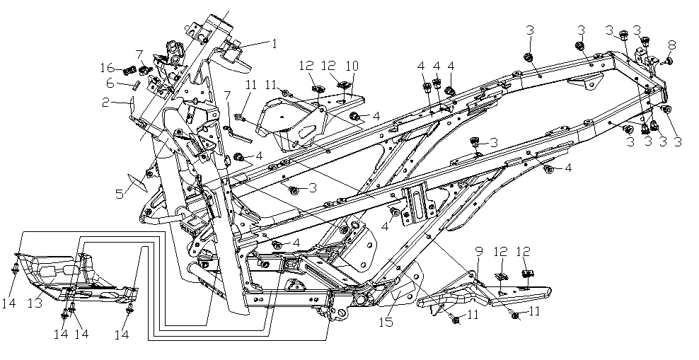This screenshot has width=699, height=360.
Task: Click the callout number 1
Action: [275, 43]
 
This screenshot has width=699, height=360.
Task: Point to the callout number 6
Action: [110, 83]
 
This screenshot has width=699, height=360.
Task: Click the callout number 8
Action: [671, 45]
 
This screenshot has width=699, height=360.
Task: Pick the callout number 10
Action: [352, 66]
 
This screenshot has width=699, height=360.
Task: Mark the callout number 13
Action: [35, 303]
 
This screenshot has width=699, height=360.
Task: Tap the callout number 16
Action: [107, 68]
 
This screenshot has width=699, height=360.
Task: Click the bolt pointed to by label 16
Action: [129, 71]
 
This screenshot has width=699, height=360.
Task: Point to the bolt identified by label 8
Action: [668, 62]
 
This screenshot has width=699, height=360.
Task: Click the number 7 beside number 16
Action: [139, 54]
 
